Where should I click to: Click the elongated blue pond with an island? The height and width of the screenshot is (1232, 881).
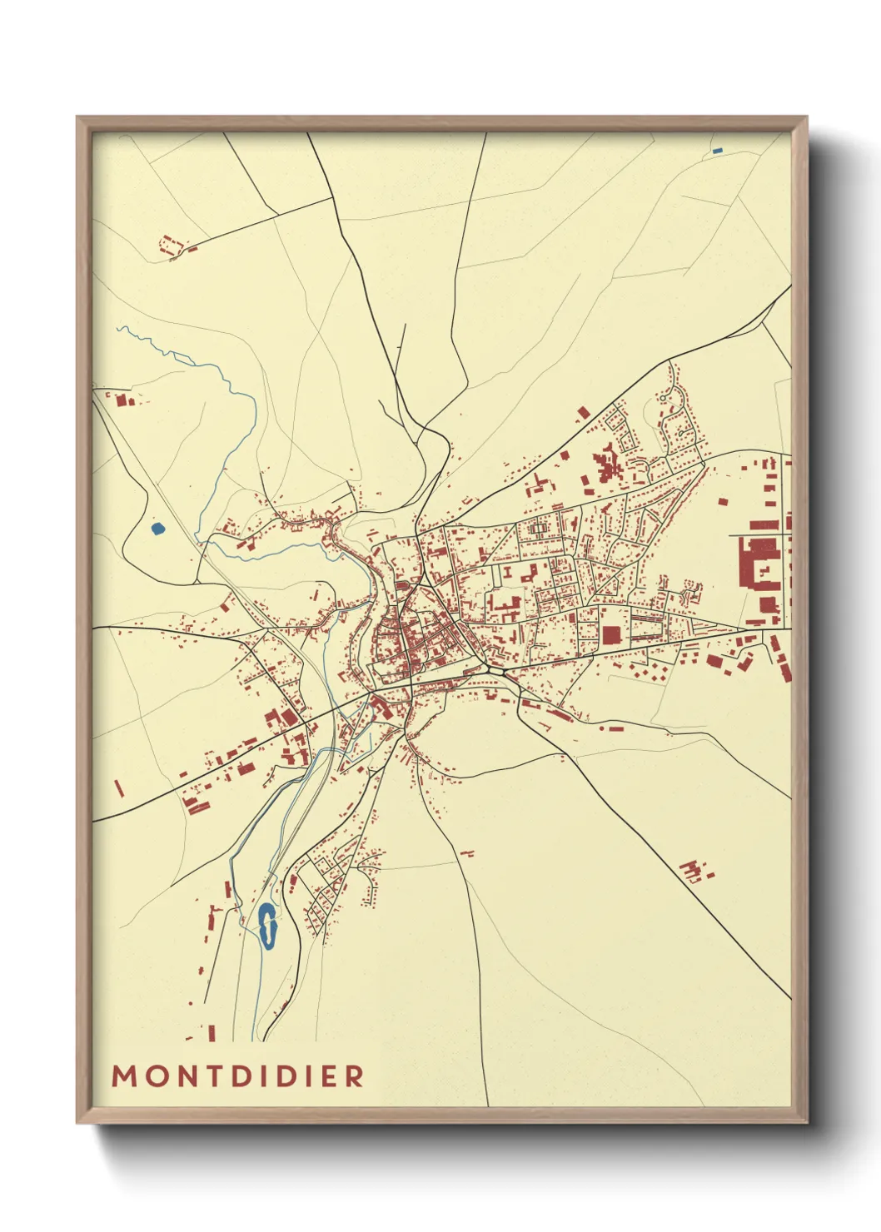point(267,926)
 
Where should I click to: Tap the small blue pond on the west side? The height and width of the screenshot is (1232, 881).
point(157,528)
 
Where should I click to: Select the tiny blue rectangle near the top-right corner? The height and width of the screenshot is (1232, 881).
point(718,151)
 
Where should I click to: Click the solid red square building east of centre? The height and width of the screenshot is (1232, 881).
point(611,636)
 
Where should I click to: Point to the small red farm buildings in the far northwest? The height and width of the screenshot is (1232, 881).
point(171,246)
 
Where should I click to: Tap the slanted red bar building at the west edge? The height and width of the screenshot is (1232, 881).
point(118,787)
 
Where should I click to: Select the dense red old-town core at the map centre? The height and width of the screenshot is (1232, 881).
point(408,641)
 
